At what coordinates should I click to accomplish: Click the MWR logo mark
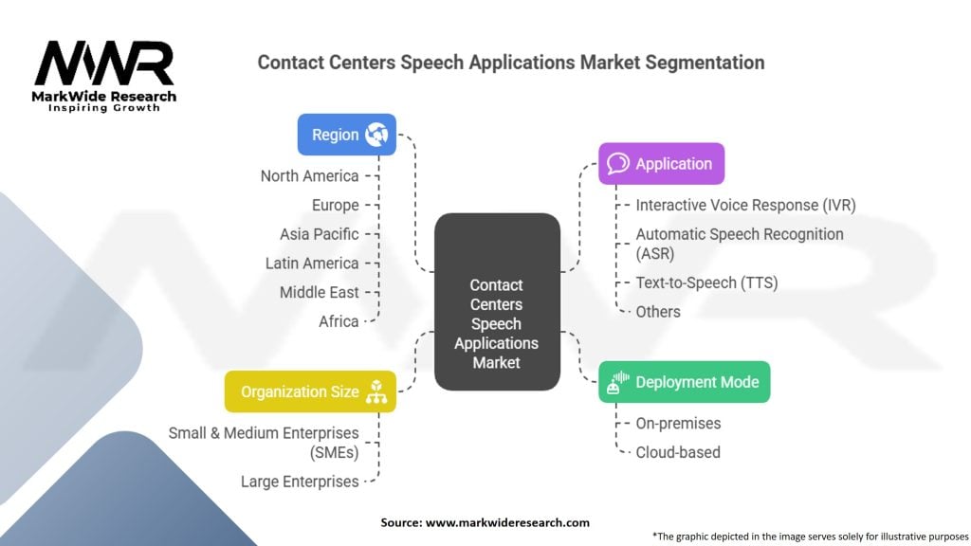[x=104, y=64]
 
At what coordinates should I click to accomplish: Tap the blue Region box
[x=347, y=135]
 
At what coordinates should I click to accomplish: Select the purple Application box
[x=661, y=163]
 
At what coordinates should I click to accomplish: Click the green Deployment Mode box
[x=685, y=382]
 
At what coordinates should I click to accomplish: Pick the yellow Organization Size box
[x=310, y=391]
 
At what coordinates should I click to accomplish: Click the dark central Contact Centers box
[x=497, y=301]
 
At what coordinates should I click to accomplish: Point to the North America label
[x=310, y=175]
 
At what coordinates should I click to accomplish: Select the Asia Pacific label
[x=319, y=234]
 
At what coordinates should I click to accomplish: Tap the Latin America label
[x=312, y=264]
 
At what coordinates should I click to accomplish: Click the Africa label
[x=339, y=321]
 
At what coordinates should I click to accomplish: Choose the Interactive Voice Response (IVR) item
[x=745, y=205]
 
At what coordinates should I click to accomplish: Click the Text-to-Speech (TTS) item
[x=706, y=282]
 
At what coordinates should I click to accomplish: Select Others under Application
[x=658, y=311]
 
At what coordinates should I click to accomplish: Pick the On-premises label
[x=678, y=424]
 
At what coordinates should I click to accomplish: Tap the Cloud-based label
[x=677, y=452]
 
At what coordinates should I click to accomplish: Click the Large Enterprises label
[x=300, y=481]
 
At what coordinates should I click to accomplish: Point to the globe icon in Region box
[x=376, y=135]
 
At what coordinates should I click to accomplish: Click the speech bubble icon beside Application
[x=617, y=163]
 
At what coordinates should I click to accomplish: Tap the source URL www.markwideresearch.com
[x=507, y=522]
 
